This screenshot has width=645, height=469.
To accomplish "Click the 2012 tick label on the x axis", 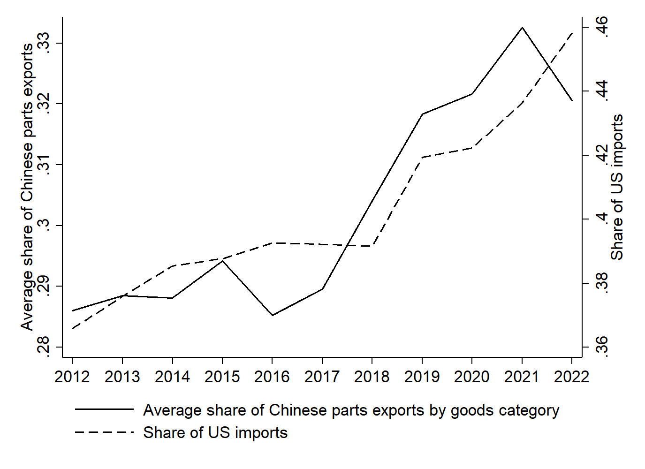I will click(72, 377).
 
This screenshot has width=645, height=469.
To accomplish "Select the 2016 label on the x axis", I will click(272, 377).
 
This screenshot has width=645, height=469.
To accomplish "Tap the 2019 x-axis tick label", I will click(422, 377).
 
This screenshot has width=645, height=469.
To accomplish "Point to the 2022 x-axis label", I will click(572, 377).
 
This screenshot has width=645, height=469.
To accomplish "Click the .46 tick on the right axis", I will click(602, 27).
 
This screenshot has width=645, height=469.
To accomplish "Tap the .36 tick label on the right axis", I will click(602, 347).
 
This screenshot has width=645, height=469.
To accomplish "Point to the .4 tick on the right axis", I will click(602, 219).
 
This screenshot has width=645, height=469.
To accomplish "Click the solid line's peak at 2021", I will click(522, 28).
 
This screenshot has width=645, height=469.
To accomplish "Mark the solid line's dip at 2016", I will click(272, 315).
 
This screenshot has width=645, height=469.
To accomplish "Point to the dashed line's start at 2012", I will click(72, 328).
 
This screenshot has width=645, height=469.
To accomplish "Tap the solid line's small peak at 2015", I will click(222, 261).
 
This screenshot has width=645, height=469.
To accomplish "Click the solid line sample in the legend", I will click(104, 410).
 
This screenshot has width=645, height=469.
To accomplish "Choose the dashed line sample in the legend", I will click(104, 432).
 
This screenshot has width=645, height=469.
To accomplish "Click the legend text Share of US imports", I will click(215, 432).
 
